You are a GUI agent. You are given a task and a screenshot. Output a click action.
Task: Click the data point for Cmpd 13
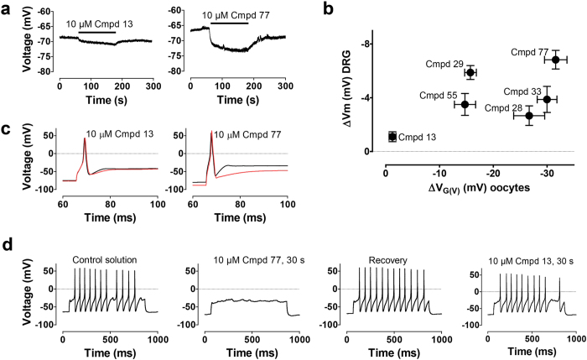(x=392, y=136)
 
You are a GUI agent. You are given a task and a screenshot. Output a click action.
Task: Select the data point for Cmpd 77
(x=555, y=60)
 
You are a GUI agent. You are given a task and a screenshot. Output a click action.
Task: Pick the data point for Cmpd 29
(x=470, y=72)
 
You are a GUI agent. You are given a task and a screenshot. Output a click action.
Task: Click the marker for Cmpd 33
(x=547, y=99)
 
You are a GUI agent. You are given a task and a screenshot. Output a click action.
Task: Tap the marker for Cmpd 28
(x=529, y=116)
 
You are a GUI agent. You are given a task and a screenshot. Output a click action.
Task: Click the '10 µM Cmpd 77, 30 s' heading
(x=247, y=259)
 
